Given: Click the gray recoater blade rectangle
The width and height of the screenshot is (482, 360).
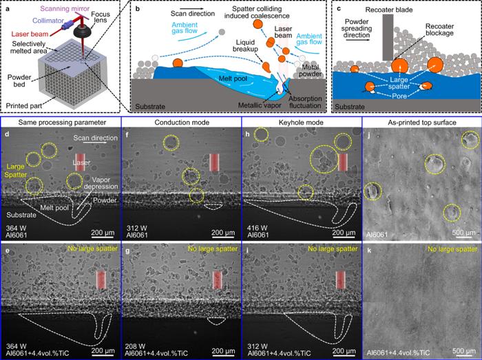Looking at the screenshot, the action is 388,37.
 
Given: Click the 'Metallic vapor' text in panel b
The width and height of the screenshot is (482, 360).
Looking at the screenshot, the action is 259,105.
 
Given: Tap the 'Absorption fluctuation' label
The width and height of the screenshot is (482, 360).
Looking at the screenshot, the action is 305,102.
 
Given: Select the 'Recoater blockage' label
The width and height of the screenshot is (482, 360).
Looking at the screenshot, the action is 439,30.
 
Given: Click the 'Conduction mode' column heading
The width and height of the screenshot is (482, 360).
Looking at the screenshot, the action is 182,123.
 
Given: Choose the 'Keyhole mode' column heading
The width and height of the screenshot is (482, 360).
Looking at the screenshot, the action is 301,123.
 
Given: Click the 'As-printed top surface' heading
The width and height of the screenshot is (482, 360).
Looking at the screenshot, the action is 422,123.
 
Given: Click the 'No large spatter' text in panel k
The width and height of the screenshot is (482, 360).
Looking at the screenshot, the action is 452,248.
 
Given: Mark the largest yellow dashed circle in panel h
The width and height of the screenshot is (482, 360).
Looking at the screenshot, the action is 324,160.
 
